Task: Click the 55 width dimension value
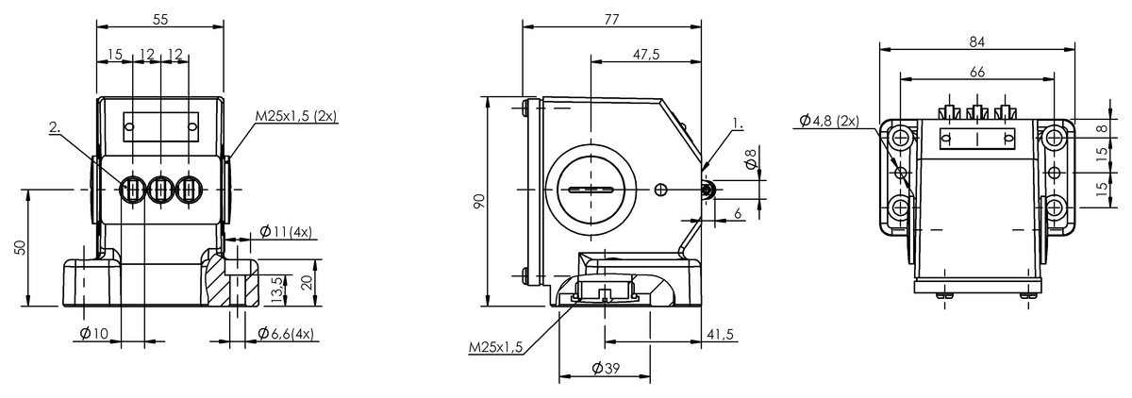point(159,20)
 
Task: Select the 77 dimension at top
point(611,20)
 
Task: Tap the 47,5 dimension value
point(646,55)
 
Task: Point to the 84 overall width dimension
point(977,42)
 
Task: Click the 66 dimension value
point(977,73)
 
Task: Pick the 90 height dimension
point(479,201)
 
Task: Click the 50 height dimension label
point(20,247)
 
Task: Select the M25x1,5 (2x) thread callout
point(295,116)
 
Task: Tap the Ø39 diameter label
point(606,369)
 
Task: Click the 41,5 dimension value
point(720,335)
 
